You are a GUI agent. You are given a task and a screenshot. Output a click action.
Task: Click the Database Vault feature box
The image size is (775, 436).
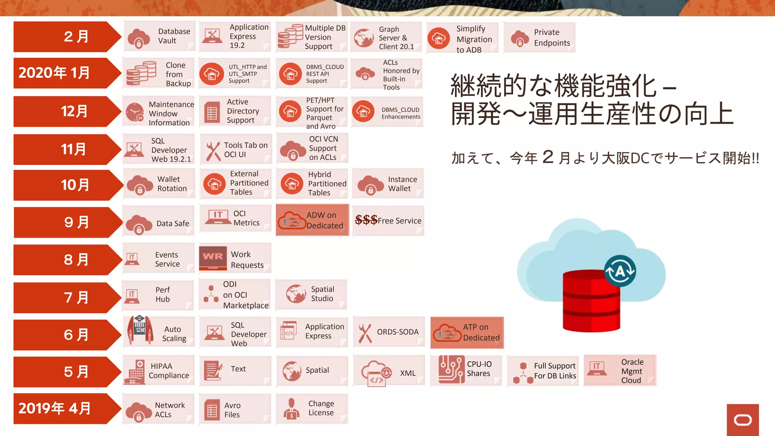159,36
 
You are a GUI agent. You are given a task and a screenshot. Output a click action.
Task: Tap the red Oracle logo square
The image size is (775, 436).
742,420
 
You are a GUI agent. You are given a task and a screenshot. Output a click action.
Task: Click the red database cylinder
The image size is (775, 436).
591,301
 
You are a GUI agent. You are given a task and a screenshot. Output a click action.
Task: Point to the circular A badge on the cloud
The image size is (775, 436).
620,271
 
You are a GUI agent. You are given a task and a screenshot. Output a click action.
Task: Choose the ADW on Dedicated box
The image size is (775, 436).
312,220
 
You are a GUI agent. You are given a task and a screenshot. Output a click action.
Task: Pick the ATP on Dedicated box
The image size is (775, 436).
467,333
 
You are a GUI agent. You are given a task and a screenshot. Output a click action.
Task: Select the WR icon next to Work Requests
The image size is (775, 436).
213,257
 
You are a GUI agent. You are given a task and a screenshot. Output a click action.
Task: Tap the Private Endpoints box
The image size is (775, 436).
539,37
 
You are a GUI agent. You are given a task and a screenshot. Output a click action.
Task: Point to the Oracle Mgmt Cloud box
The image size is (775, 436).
620,371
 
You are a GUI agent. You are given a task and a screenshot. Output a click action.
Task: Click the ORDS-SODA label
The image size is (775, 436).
397,332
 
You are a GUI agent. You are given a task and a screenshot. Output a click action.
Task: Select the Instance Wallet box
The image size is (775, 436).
387,184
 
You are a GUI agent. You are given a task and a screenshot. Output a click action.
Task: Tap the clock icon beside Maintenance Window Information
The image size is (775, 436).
134,112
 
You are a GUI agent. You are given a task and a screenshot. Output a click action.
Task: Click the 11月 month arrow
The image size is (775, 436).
64,149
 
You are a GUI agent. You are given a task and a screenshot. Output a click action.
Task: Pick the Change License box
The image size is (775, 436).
312,409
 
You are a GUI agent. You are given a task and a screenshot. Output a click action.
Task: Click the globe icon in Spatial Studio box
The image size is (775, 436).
296,294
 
